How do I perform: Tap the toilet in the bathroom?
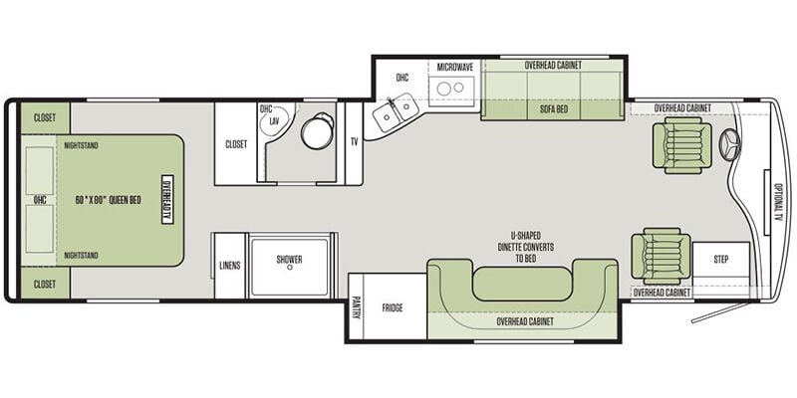pyautogui.click(x=317, y=130)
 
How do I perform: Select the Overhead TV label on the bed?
pyautogui.click(x=167, y=200)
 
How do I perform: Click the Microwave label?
pyautogui.click(x=455, y=67)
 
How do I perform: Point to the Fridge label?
pyautogui.click(x=393, y=307)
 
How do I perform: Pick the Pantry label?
pyautogui.click(x=356, y=307)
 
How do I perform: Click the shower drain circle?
pyautogui.click(x=289, y=268)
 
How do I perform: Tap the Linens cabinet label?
pyautogui.click(x=230, y=265)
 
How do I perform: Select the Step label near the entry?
pyautogui.click(x=720, y=260)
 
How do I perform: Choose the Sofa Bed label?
pyautogui.click(x=554, y=109)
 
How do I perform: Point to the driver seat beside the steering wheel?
pyautogui.click(x=681, y=145)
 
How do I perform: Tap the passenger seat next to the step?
pyautogui.click(x=661, y=256)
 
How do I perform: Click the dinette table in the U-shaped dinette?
pyautogui.click(x=522, y=284)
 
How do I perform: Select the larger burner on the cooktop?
pyautogui.click(x=443, y=89)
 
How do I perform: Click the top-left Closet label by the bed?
pyautogui.click(x=45, y=117)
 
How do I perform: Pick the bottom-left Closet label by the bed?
pyautogui.click(x=45, y=285)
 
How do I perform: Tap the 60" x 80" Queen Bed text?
pyautogui.click(x=109, y=200)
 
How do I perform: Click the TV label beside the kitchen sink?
pyautogui.click(x=355, y=141)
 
